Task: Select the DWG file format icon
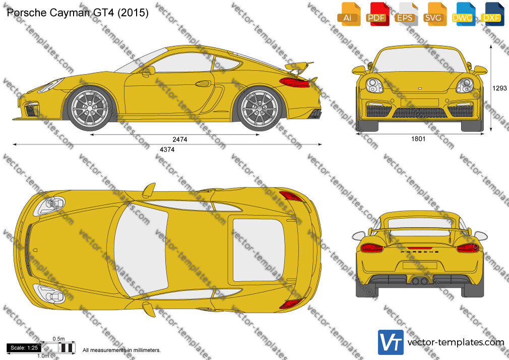pyautogui.click(x=463, y=14)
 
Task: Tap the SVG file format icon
pyautogui.click(x=434, y=14)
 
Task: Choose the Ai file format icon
pyautogui.click(x=348, y=14)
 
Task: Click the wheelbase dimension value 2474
pyautogui.click(x=179, y=139)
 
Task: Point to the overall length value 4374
pyautogui.click(x=167, y=149)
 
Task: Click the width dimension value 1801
pyautogui.click(x=418, y=139)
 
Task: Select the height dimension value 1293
pyautogui.click(x=499, y=88)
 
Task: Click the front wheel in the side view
pyautogui.click(x=90, y=108)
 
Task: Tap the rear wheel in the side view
pyautogui.click(x=260, y=108)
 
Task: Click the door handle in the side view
pyautogui.click(x=203, y=84)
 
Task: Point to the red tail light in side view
pyautogui.click(x=294, y=82)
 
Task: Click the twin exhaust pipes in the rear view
pyautogui.click(x=419, y=280)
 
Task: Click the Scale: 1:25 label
pyautogui.click(x=24, y=348)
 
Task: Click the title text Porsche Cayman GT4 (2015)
pyautogui.click(x=78, y=13)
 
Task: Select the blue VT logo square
pyautogui.click(x=391, y=342)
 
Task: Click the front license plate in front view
pyautogui.click(x=419, y=103)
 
